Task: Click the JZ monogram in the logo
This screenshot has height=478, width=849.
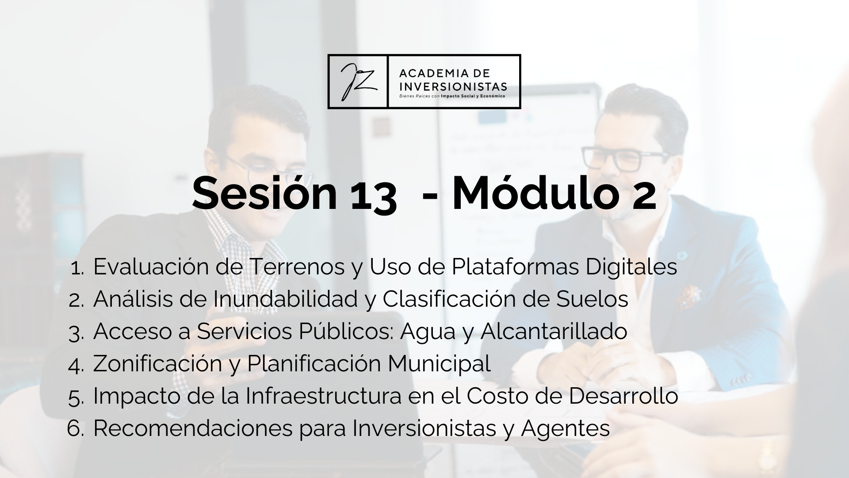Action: (x=357, y=81)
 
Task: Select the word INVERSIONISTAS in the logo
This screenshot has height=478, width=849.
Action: (x=453, y=86)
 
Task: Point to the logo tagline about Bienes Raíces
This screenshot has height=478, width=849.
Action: (x=452, y=96)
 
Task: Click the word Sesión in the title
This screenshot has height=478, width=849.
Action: (x=265, y=193)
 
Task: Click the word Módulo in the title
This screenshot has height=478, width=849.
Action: (x=535, y=193)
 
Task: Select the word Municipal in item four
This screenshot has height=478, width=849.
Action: (x=439, y=364)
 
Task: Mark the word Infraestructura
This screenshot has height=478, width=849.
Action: (x=323, y=396)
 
